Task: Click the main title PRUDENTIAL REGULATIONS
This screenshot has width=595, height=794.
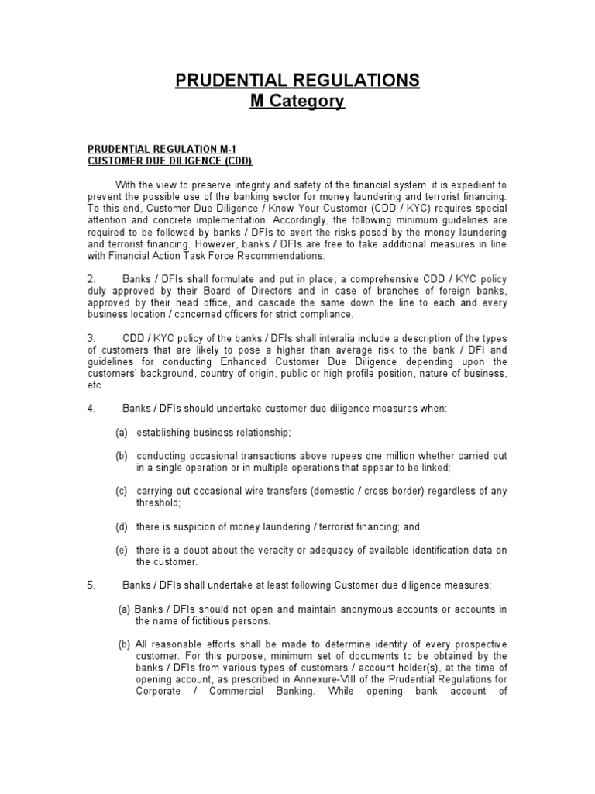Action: click(x=297, y=80)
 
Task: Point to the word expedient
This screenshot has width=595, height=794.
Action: click(x=469, y=185)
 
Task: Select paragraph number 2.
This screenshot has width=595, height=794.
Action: click(x=91, y=279)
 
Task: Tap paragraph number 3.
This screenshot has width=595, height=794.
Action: click(x=91, y=338)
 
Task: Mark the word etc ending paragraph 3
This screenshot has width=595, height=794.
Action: click(x=94, y=385)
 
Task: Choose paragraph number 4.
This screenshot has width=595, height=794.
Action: click(x=91, y=409)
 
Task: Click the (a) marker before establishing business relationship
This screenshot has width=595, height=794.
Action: click(x=122, y=432)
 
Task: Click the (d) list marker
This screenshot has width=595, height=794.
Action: click(x=122, y=526)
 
